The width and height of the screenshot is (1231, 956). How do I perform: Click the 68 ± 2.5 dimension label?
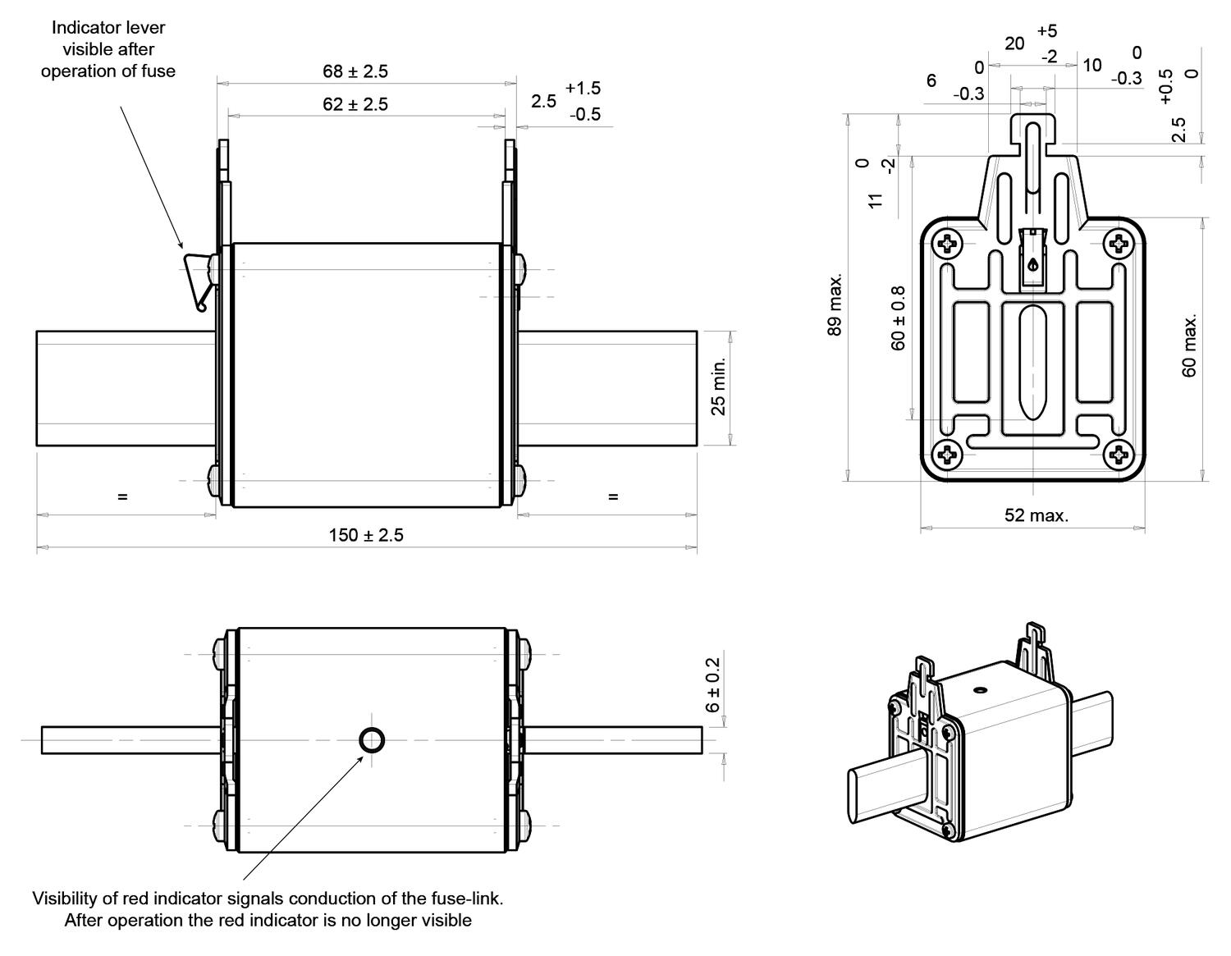[x=355, y=71]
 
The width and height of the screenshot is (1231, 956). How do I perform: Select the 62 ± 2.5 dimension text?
[x=355, y=104]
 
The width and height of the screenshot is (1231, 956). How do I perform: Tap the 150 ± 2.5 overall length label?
[x=366, y=535]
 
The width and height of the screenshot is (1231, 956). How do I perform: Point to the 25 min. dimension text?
[x=718, y=387]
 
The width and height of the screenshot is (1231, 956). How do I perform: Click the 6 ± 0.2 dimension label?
[x=712, y=685]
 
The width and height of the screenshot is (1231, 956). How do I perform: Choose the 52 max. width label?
[x=1037, y=515]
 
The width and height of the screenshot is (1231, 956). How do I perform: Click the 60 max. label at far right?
[x=1189, y=345]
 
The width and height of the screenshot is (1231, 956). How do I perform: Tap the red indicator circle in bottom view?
[x=372, y=740]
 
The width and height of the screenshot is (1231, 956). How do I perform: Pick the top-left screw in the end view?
[x=947, y=243]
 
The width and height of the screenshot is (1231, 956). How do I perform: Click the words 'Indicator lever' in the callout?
[x=108, y=27]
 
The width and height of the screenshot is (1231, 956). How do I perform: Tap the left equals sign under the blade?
[x=122, y=496]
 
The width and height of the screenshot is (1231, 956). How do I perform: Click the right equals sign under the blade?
[x=613, y=496]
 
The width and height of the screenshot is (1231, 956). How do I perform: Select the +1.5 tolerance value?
[x=583, y=88]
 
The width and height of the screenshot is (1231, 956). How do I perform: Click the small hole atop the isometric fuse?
[x=980, y=690]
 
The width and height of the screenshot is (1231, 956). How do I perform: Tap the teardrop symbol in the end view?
[x=1032, y=264]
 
